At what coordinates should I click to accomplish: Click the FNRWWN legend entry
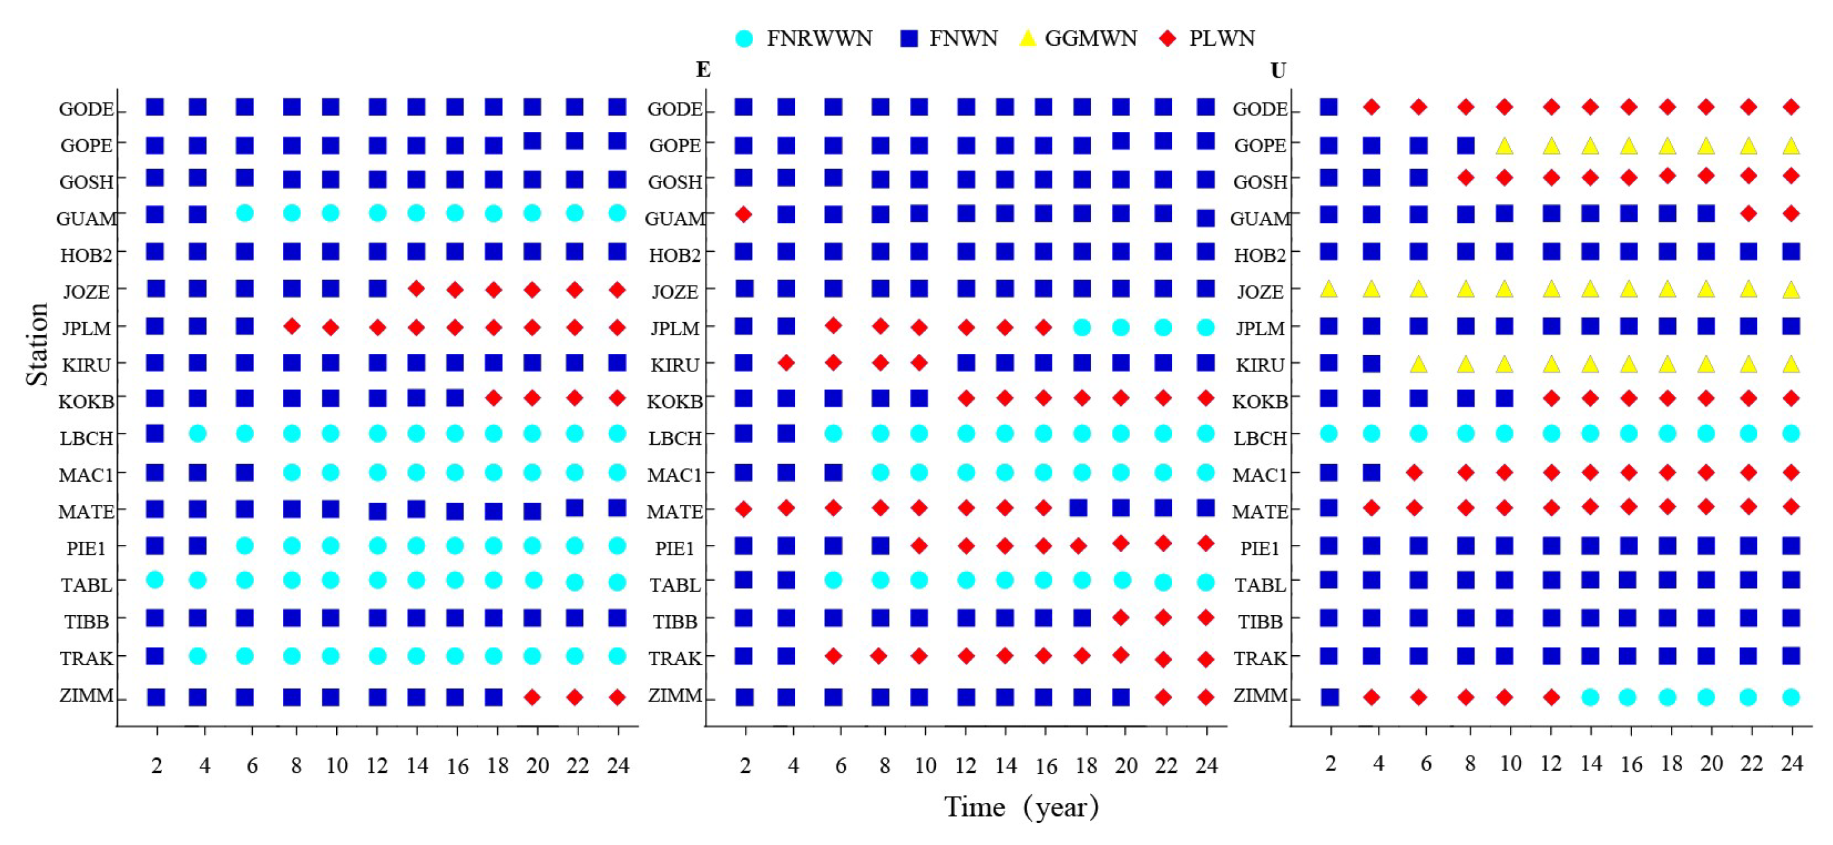[804, 38]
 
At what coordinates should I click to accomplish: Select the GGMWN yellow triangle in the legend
[1027, 38]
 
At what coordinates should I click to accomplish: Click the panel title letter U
[1278, 71]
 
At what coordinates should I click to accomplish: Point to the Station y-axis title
[37, 345]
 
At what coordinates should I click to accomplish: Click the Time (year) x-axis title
[1021, 807]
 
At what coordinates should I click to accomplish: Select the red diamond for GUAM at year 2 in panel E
[744, 214]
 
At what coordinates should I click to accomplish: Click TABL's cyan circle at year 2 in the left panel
[155, 580]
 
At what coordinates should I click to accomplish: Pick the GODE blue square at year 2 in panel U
[1328, 108]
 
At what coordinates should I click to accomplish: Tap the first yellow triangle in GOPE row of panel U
[1504, 146]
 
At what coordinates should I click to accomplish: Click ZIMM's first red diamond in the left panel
[531, 697]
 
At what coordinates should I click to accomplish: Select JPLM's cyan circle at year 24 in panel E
[1205, 328]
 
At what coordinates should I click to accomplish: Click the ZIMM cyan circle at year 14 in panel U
[1589, 697]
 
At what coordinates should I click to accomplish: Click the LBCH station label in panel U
[1260, 438]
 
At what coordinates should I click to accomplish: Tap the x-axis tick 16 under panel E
[1045, 767]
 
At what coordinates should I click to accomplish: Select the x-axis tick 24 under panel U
[1791, 764]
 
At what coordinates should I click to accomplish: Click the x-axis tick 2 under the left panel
[157, 766]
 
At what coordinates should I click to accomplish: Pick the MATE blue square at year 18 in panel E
[1078, 507]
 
